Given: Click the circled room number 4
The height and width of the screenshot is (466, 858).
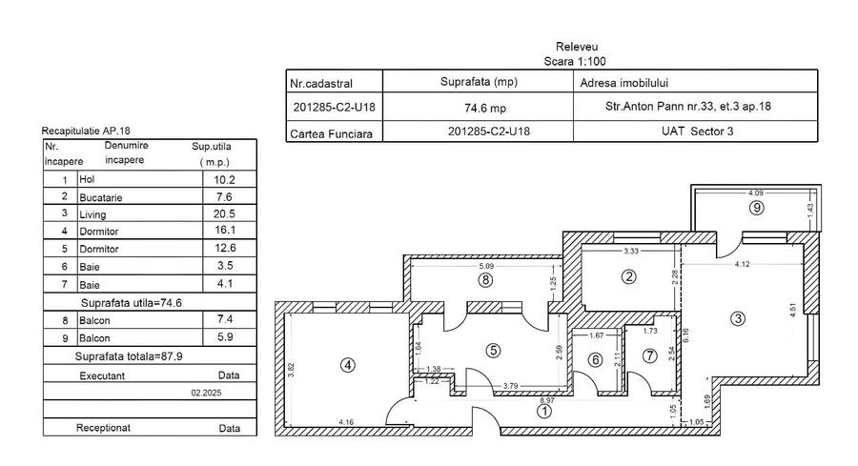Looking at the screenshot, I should tap(348, 364).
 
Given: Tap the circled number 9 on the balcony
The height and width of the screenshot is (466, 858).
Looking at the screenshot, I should tap(756, 207).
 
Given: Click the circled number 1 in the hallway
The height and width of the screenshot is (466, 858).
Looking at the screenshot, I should tap(544, 413).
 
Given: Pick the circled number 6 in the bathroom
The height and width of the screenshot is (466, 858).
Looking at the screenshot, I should tap(595, 359).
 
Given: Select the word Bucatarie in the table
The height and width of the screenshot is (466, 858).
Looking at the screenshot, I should tap(102, 197).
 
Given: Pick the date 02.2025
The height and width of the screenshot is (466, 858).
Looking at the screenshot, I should tap(205, 392).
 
